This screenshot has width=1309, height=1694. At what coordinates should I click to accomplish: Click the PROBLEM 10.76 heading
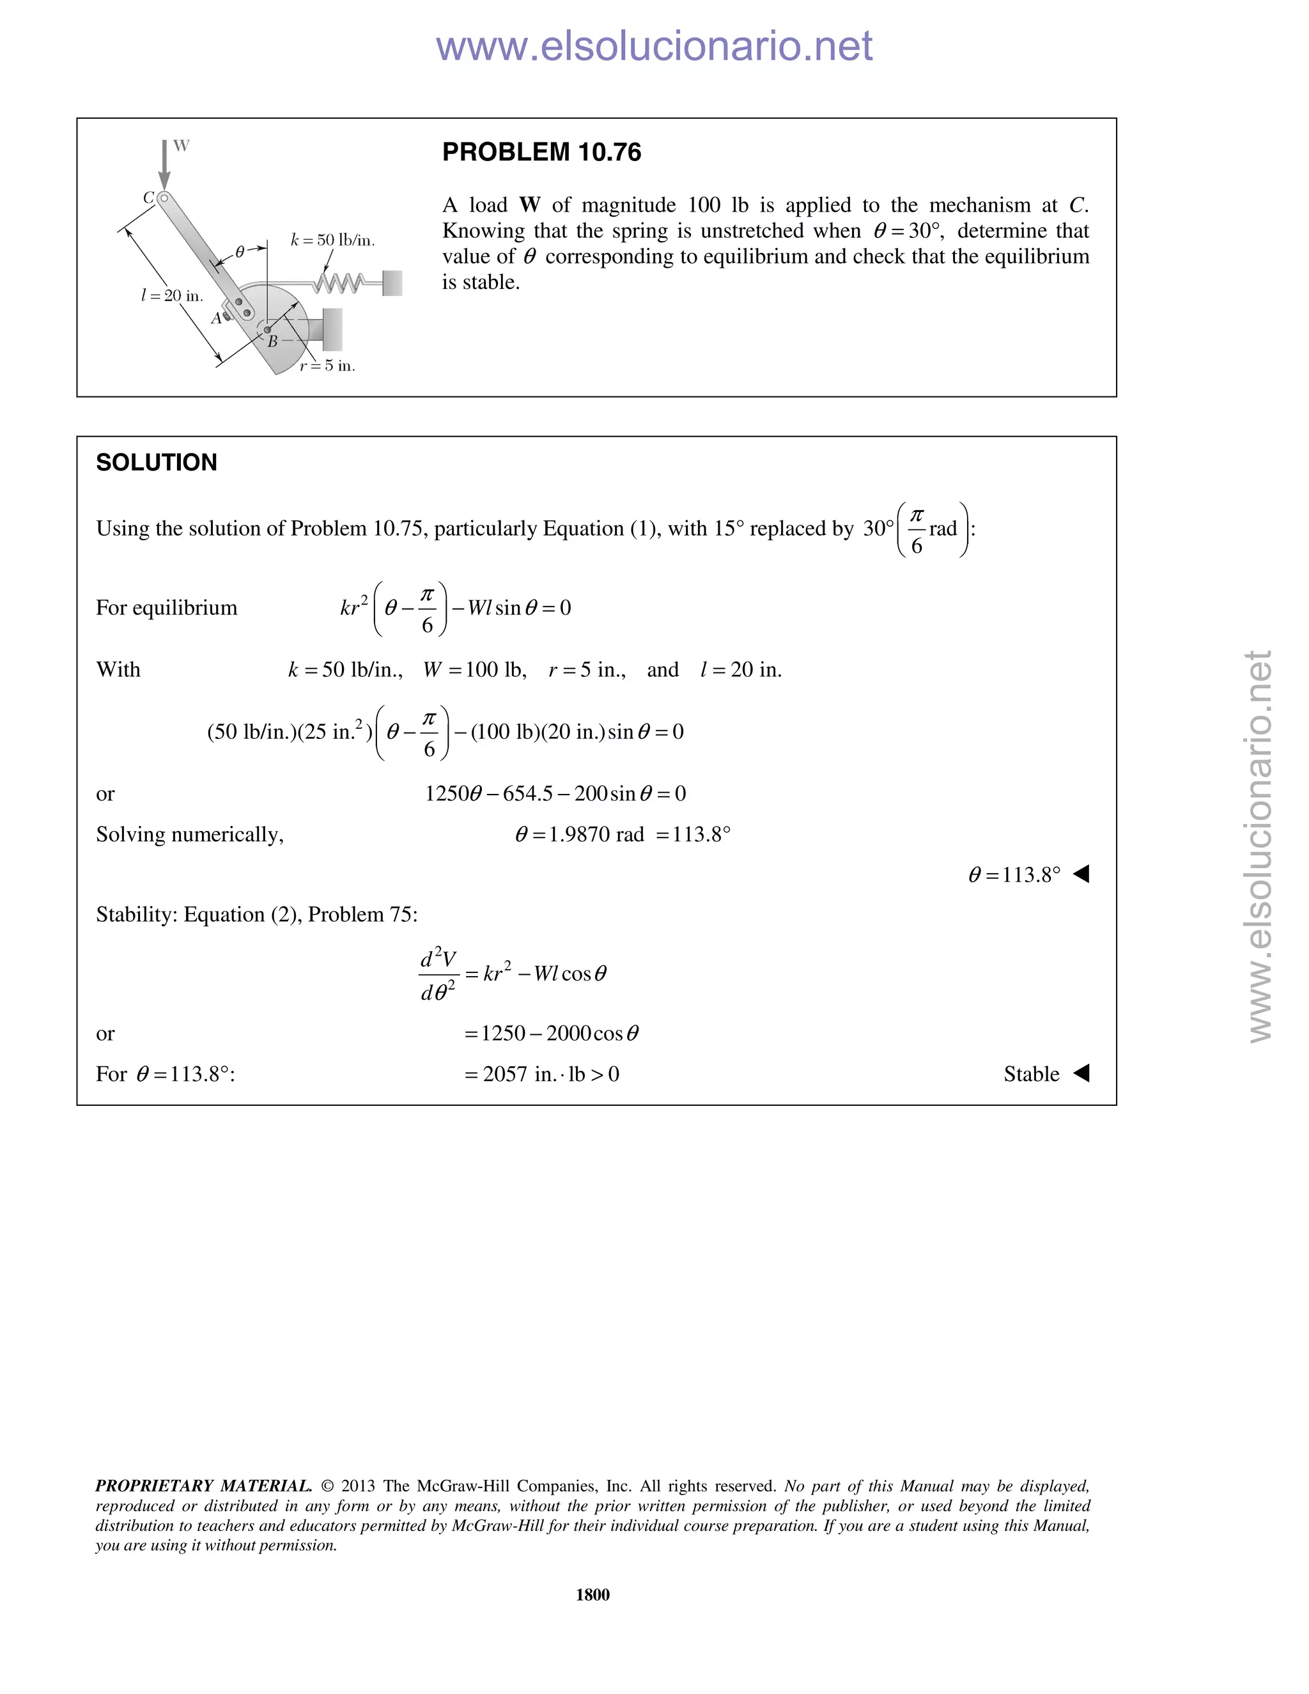pyautogui.click(x=541, y=152)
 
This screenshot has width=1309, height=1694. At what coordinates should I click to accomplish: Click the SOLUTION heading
pyautogui.click(x=156, y=462)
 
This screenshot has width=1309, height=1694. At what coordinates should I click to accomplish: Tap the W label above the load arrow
pyautogui.click(x=181, y=146)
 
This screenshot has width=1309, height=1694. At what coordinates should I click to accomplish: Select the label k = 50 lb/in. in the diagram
pyautogui.click(x=332, y=240)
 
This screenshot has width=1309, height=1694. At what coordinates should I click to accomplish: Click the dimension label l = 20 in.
pyautogui.click(x=171, y=295)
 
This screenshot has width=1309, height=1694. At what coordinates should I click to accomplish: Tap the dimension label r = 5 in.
pyautogui.click(x=327, y=366)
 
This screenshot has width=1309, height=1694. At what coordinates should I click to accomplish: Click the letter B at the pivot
pyautogui.click(x=272, y=341)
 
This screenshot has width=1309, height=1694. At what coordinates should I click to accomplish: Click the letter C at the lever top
pyautogui.click(x=148, y=198)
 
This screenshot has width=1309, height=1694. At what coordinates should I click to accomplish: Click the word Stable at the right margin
pyautogui.click(x=1030, y=1075)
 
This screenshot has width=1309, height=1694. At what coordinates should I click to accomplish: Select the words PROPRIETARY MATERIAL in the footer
pyautogui.click(x=203, y=1486)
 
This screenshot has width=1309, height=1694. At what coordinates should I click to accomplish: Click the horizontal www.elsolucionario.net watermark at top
pyautogui.click(x=654, y=47)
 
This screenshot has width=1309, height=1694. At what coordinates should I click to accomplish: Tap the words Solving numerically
pyautogui.click(x=189, y=835)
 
